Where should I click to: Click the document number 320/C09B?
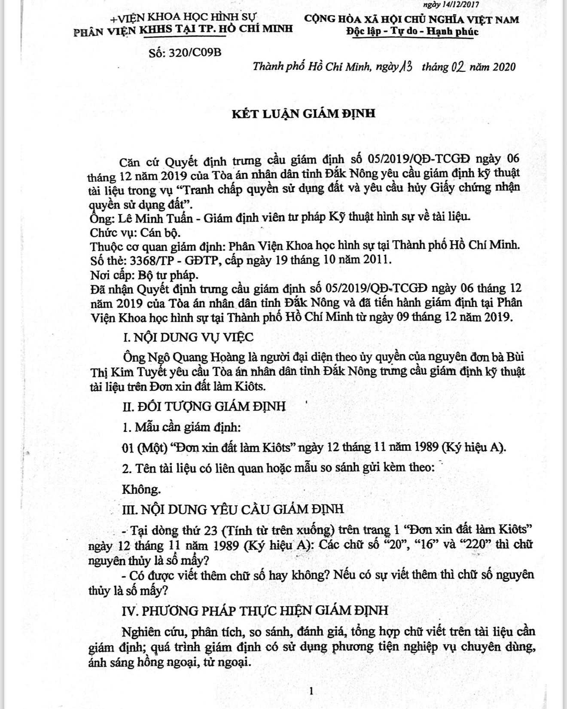tap(185, 53)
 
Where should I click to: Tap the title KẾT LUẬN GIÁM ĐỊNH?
tap(304, 113)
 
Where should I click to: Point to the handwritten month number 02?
tap(458, 67)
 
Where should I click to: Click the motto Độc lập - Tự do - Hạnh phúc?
tap(412, 31)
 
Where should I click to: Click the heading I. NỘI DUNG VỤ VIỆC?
tap(188, 337)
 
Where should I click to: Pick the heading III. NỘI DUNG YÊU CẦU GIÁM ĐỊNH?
tap(233, 509)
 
